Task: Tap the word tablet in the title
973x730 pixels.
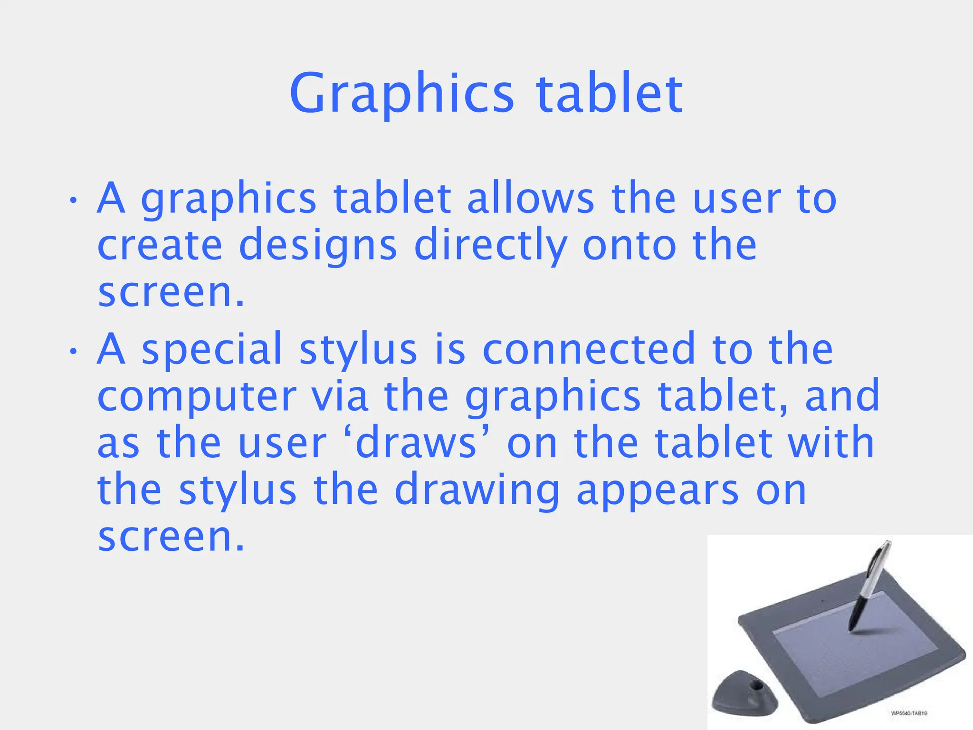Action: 610,93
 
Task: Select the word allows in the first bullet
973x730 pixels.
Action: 530,198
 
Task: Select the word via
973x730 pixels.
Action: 340,396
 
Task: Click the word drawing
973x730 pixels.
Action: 477,491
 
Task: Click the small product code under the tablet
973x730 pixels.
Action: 909,713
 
